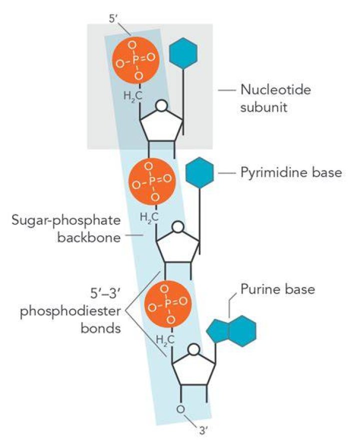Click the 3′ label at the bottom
point(203,430)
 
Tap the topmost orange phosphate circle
point(135,60)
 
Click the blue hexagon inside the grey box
point(183,53)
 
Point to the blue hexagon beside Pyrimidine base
point(199,173)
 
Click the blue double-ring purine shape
point(231,331)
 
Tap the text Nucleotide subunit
point(275,98)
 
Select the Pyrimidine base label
point(291,172)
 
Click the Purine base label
point(277,289)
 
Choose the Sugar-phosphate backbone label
point(66,229)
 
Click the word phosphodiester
point(70,311)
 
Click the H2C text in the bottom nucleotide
point(165,339)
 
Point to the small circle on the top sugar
point(161,105)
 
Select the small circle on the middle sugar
point(178,227)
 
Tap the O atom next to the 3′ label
point(180,409)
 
